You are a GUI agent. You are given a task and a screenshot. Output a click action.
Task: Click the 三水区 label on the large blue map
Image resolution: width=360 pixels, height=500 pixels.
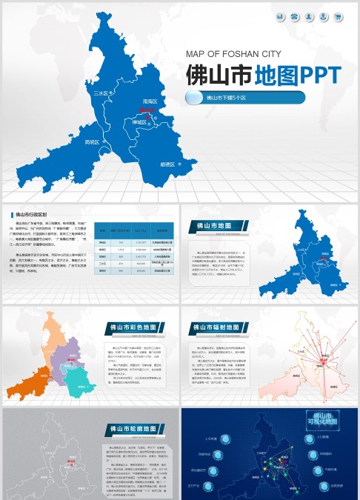click(102, 94)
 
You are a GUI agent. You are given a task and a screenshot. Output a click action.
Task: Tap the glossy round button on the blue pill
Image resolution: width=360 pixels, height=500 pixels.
click(193, 98)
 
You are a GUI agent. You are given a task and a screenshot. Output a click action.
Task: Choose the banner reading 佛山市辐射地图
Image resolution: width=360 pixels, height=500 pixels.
click(216, 327)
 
